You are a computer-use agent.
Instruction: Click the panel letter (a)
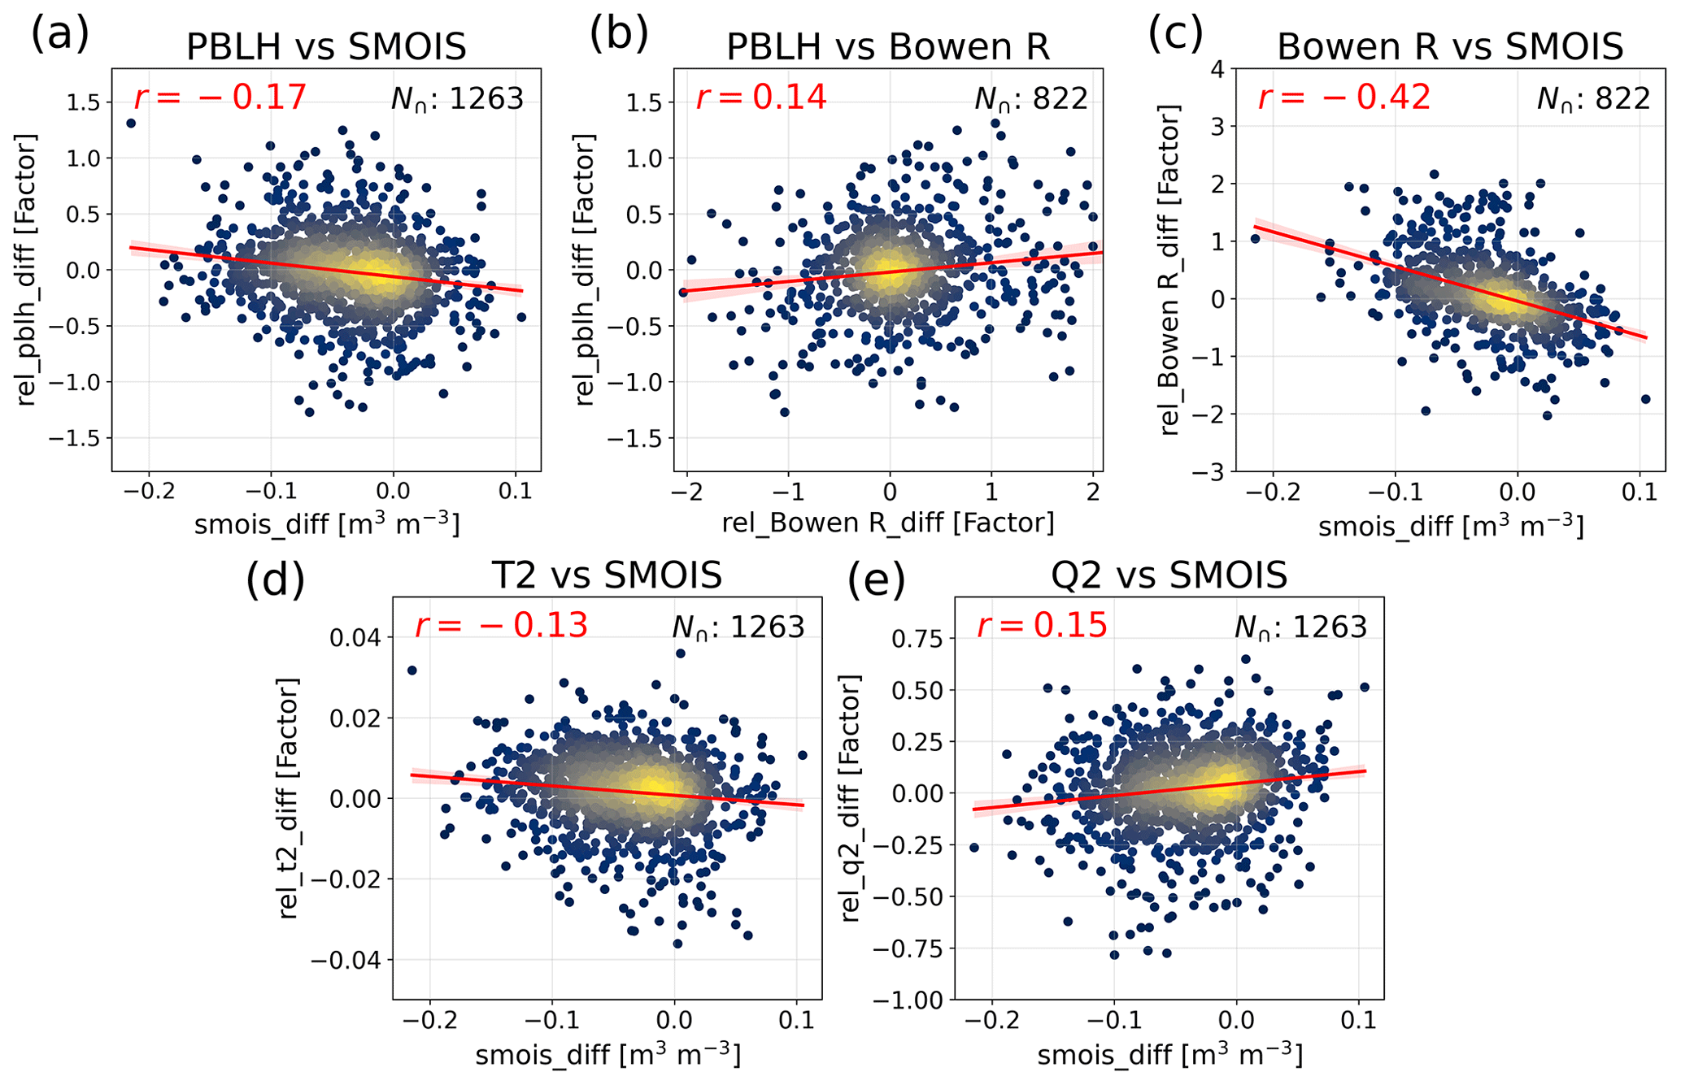pos(59,36)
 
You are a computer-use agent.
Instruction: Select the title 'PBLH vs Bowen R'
pos(887,46)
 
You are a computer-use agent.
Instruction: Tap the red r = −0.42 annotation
pos(1343,98)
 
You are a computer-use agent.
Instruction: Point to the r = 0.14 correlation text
pos(761,98)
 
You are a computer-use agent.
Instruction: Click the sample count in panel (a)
pos(458,99)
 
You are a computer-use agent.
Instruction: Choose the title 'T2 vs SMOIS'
pos(607,575)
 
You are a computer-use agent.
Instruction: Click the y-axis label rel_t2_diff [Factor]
pos(289,797)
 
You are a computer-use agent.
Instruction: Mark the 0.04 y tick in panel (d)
pos(356,637)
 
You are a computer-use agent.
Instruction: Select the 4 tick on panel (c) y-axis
pos(1217,69)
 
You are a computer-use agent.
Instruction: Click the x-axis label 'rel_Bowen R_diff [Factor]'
pos(887,523)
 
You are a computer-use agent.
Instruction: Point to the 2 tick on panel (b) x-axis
pos(1092,492)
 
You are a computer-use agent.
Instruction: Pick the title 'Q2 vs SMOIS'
pos(1169,575)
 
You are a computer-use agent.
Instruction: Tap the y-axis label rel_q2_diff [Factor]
pos(851,797)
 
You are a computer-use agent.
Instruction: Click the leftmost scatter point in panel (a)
pos(130,124)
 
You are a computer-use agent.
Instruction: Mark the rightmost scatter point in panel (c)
pos(1645,399)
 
